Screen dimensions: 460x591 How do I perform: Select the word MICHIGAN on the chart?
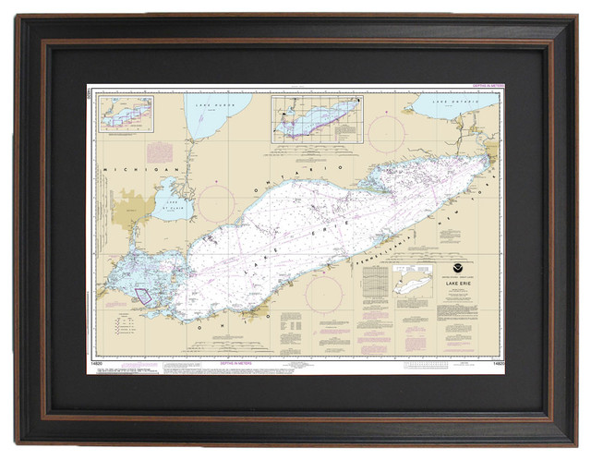click(x=128, y=170)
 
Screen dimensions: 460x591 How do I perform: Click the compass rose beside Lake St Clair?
click(x=218, y=202)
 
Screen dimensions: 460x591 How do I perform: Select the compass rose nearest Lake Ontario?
click(x=386, y=134)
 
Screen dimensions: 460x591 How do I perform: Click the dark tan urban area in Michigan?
click(x=130, y=209)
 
